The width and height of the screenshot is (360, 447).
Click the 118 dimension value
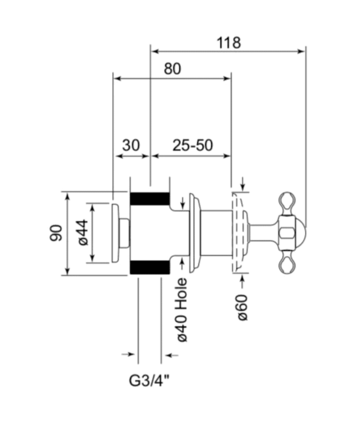click(x=228, y=43)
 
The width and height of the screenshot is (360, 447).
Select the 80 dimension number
click(x=172, y=69)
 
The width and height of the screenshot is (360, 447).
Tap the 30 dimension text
click(x=131, y=145)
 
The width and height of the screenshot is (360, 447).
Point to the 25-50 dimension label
click(x=193, y=145)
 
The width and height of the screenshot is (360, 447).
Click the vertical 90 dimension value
click(x=56, y=233)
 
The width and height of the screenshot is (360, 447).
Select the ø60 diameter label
click(x=243, y=308)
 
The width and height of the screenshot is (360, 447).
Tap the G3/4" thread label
click(x=149, y=381)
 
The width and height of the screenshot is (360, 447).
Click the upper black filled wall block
click(x=150, y=199)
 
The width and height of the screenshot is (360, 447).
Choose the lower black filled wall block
click(x=150, y=267)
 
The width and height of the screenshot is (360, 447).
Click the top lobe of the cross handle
click(x=286, y=204)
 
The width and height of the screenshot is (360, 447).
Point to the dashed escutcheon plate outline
click(x=240, y=233)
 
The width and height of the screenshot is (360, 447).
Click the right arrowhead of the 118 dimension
click(x=301, y=51)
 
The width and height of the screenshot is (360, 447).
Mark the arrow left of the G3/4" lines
click(x=128, y=354)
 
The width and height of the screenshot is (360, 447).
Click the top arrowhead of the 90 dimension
click(x=67, y=196)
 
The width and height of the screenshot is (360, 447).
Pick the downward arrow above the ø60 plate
click(x=243, y=184)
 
